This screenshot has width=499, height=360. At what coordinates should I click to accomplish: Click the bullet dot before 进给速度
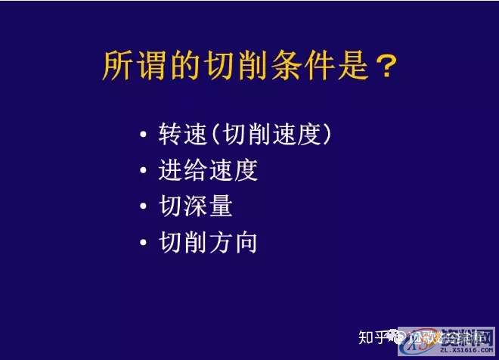144,171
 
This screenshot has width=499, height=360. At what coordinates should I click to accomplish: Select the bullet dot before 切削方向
144,244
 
